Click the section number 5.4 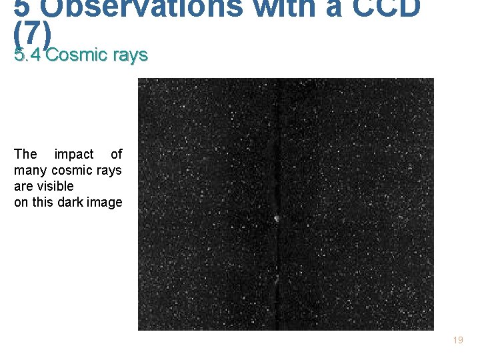(27, 55)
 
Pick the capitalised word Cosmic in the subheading (75, 55)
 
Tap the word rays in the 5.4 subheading (130, 55)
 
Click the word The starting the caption (25, 154)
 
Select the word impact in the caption (73, 154)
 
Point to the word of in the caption (117, 154)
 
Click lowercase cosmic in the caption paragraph (73, 170)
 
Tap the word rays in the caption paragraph (109, 170)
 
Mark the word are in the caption (24, 186)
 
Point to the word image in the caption (105, 202)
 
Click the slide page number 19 (457, 341)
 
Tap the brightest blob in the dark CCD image (276, 219)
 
